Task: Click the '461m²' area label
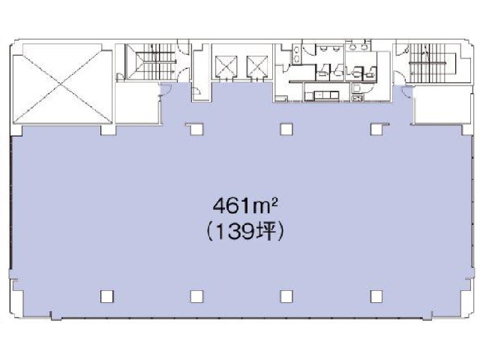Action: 245,205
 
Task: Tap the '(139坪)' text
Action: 245,232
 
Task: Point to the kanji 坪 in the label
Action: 267,232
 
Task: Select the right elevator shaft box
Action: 257,66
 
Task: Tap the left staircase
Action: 151,61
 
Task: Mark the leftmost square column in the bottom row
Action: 106,296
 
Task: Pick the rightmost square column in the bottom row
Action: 376,296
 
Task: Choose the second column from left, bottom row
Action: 196,296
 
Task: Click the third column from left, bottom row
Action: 286,296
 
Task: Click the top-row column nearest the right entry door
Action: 376,129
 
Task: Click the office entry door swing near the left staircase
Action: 166,89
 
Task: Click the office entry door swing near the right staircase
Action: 407,91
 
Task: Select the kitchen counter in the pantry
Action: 322,96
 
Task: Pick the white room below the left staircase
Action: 137,103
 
